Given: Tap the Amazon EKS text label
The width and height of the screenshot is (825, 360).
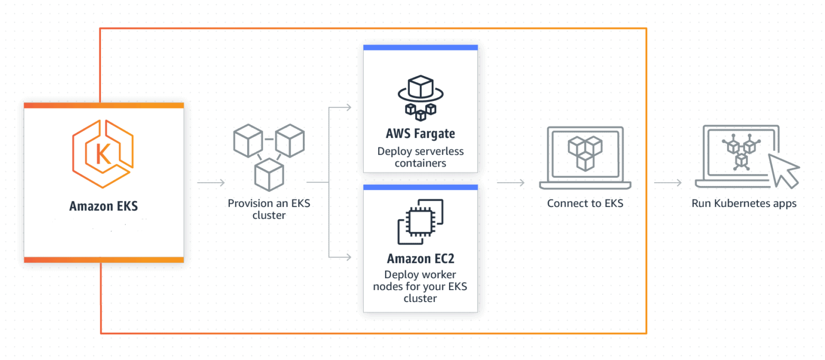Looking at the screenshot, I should (104, 206).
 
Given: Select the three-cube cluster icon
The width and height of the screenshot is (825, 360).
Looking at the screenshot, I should (269, 156).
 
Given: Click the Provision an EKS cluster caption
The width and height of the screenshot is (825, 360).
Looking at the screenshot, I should (269, 210).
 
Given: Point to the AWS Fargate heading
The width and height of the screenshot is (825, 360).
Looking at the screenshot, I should (420, 133).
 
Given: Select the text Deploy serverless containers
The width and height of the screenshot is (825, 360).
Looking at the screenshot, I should (420, 157).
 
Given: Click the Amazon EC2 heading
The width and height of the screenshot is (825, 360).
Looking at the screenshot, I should (420, 258).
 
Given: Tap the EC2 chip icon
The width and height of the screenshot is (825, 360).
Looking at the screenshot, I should (420, 222).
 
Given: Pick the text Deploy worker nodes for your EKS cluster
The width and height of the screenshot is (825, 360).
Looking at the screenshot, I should (420, 286).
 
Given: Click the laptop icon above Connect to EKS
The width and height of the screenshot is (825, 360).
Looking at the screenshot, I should (585, 157).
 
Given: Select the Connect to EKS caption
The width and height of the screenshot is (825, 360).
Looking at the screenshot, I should (585, 204).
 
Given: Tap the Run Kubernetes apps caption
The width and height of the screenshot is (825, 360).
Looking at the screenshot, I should (743, 204).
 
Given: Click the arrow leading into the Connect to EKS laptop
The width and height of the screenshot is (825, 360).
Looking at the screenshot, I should (511, 183).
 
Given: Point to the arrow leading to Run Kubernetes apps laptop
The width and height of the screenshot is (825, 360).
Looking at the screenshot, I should (668, 183).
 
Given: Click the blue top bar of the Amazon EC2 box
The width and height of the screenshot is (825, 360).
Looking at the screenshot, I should (420, 187).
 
